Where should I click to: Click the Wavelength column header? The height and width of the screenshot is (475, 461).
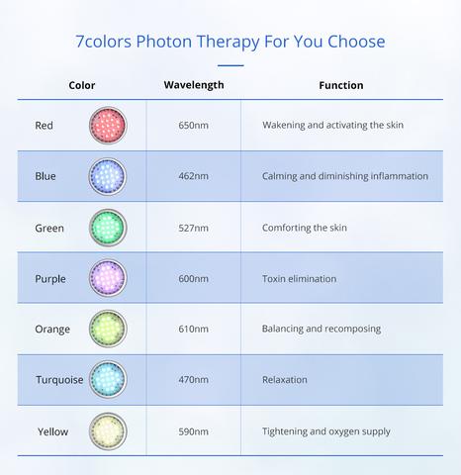[194, 85]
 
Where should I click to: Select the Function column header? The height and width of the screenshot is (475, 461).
[341, 85]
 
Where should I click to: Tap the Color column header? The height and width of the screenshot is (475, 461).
[82, 85]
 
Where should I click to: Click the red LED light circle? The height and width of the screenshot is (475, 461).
[108, 126]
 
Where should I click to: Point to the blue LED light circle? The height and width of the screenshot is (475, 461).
[108, 176]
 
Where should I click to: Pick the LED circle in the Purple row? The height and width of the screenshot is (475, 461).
[108, 278]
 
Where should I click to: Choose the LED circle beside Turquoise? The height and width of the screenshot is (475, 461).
[108, 379]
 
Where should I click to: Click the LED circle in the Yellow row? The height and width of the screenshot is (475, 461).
[108, 431]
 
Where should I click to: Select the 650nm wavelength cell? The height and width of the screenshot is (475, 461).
[193, 126]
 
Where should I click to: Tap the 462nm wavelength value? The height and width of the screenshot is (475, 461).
[193, 176]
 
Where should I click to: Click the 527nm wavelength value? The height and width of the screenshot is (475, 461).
[193, 228]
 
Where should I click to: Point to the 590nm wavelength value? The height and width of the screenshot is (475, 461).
[193, 431]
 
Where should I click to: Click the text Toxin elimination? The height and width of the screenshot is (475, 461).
[300, 279]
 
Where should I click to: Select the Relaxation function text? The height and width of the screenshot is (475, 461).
[285, 380]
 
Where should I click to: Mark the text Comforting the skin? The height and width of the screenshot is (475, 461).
[305, 228]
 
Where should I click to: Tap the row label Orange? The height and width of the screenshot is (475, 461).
[52, 330]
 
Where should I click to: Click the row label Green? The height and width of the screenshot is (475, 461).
[49, 228]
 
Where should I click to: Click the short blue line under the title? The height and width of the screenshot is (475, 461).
[230, 65]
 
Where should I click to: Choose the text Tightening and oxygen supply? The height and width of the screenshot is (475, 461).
[326, 431]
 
